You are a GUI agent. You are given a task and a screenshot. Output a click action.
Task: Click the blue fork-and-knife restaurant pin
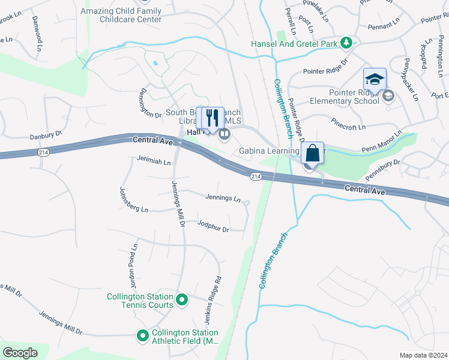pos(209,116)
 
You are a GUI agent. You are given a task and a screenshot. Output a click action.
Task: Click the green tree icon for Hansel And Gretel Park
pos(346,43)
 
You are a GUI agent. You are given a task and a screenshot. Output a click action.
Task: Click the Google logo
pos(20,352)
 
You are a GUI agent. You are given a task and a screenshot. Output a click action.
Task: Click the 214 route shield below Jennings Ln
pos(256,176)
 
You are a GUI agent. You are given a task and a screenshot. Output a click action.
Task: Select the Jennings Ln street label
pos(223,198)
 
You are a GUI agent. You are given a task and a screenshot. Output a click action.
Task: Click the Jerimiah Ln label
pos(154,162)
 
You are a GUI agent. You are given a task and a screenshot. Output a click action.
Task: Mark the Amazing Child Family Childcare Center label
pos(121,15)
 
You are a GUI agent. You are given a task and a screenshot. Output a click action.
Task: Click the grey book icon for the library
pos(224,134)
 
